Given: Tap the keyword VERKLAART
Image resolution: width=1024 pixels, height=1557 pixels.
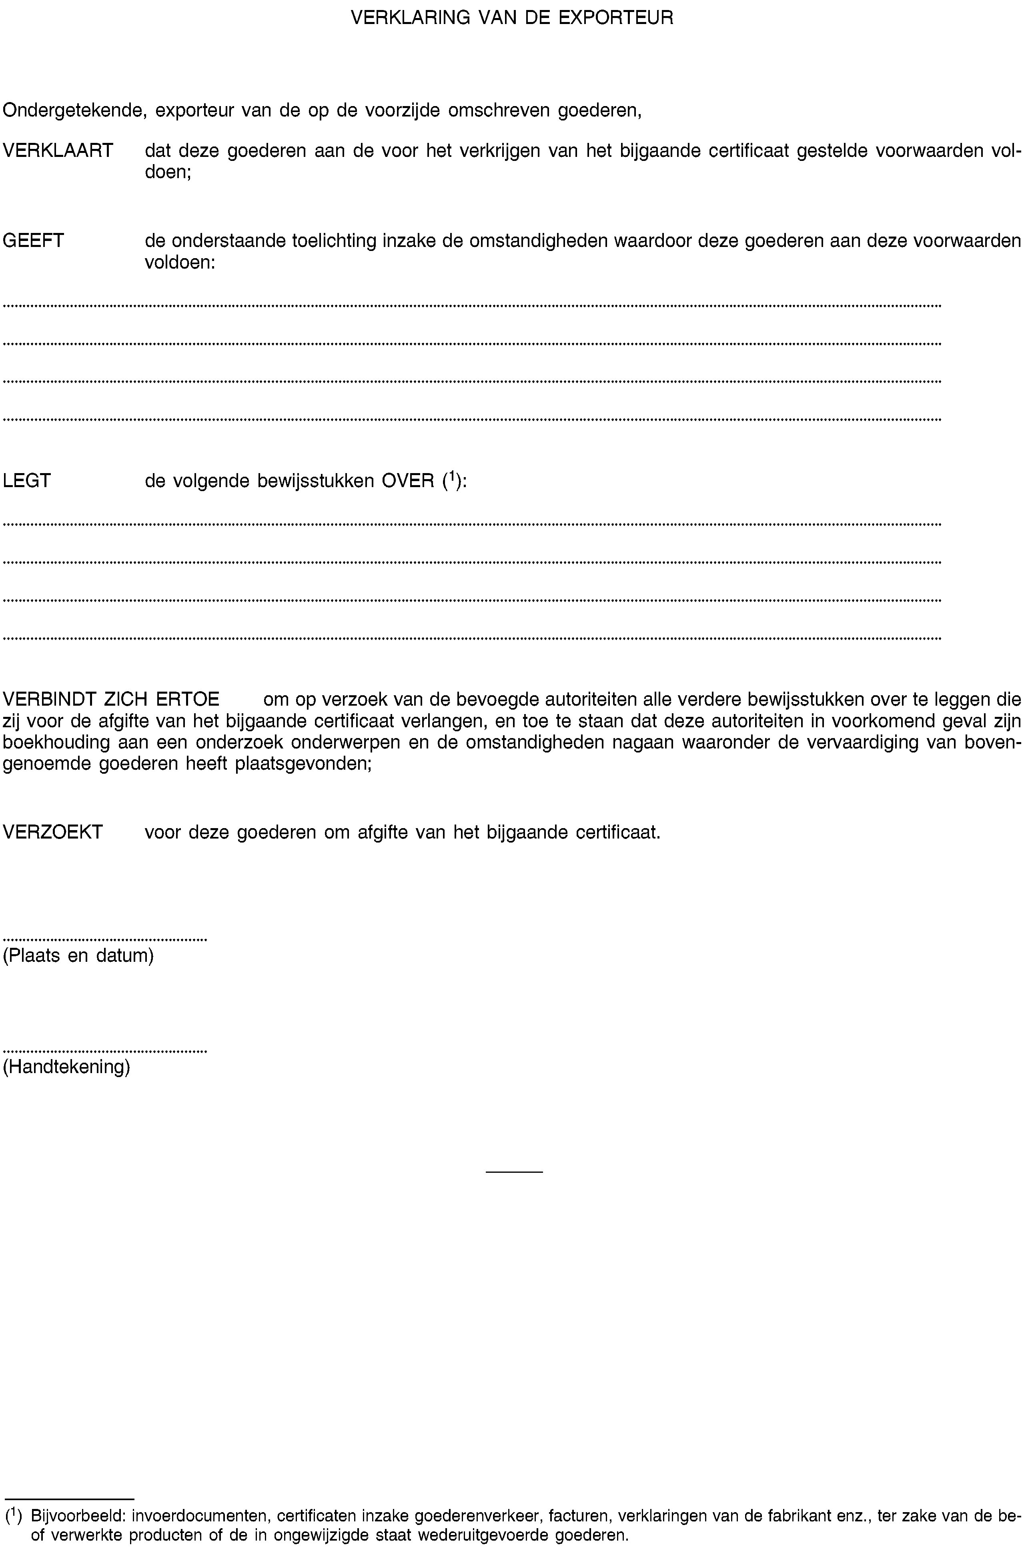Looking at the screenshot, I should pyautogui.click(x=58, y=151).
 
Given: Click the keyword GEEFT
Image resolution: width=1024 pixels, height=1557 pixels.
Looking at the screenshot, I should pyautogui.click(x=34, y=241).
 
